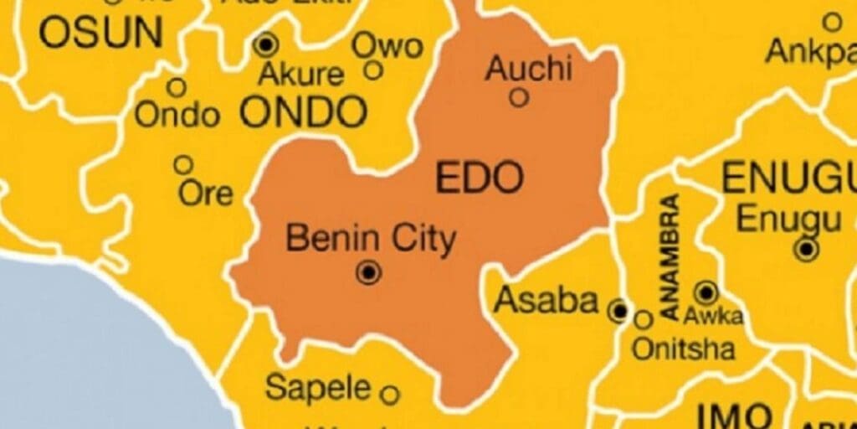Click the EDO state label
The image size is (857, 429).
point(480,178)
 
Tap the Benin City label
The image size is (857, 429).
point(371,239)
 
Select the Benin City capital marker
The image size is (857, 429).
point(368,271)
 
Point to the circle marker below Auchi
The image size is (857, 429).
point(519,98)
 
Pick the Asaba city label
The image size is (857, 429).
point(547,300)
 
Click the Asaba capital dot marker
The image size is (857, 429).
point(618,312)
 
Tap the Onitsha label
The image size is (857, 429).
point(683,348)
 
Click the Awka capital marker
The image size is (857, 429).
point(706,292)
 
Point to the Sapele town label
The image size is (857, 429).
point(318,387)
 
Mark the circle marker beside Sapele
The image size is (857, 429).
point(389,393)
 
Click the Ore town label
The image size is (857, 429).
point(206,194)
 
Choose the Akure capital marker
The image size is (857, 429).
point(266,44)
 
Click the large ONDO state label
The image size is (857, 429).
point(304,112)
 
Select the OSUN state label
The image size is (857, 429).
point(101,32)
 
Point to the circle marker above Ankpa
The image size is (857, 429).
point(832,22)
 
